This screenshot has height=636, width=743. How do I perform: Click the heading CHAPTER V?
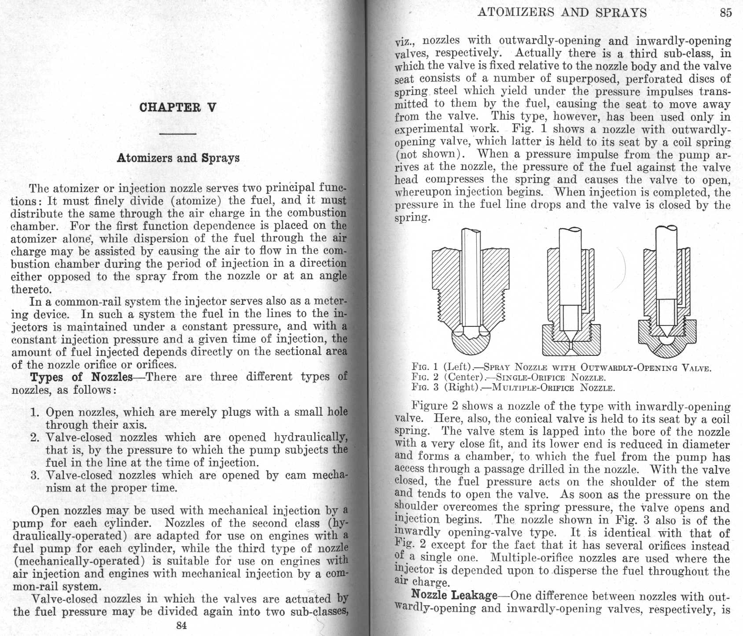coord(177,107)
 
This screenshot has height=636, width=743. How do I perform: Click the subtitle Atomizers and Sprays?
coord(178,158)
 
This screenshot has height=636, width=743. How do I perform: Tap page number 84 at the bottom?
coord(181,625)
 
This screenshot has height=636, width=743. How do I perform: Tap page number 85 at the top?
coord(726,12)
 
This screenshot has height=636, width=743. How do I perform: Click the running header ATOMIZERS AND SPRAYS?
coord(562,12)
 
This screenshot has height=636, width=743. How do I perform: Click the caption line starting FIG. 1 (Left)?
coord(561,367)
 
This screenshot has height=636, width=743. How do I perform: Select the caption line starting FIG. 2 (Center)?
coord(508,377)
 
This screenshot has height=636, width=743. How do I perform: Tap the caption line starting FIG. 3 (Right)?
coord(513,388)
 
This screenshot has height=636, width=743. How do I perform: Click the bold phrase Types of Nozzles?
coord(81,377)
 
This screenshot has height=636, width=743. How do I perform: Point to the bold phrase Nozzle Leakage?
coord(454,595)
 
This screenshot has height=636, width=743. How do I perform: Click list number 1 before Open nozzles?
coord(35,413)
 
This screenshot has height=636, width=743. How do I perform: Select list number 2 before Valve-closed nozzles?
coord(35,438)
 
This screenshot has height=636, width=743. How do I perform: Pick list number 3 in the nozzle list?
coord(35,476)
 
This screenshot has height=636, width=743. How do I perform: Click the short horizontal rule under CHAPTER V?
coord(178,133)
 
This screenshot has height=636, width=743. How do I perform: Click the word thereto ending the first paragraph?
coord(31,290)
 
